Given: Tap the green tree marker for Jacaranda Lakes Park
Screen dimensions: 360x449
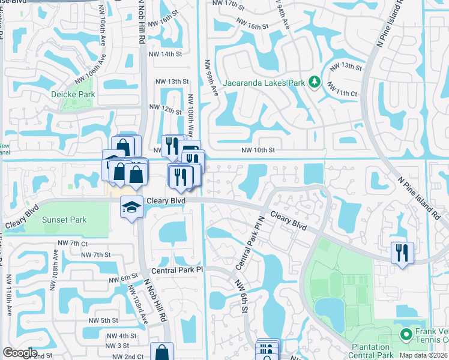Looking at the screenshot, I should tap(314, 82).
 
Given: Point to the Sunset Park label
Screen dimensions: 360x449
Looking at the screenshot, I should tap(64, 220).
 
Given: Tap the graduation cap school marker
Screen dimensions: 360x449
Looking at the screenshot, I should tap(131, 207).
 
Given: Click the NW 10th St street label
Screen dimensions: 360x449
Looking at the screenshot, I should tap(258, 150).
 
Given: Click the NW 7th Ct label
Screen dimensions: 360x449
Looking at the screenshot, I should tap(73, 243).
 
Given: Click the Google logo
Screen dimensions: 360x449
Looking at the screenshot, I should tap(20, 353).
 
